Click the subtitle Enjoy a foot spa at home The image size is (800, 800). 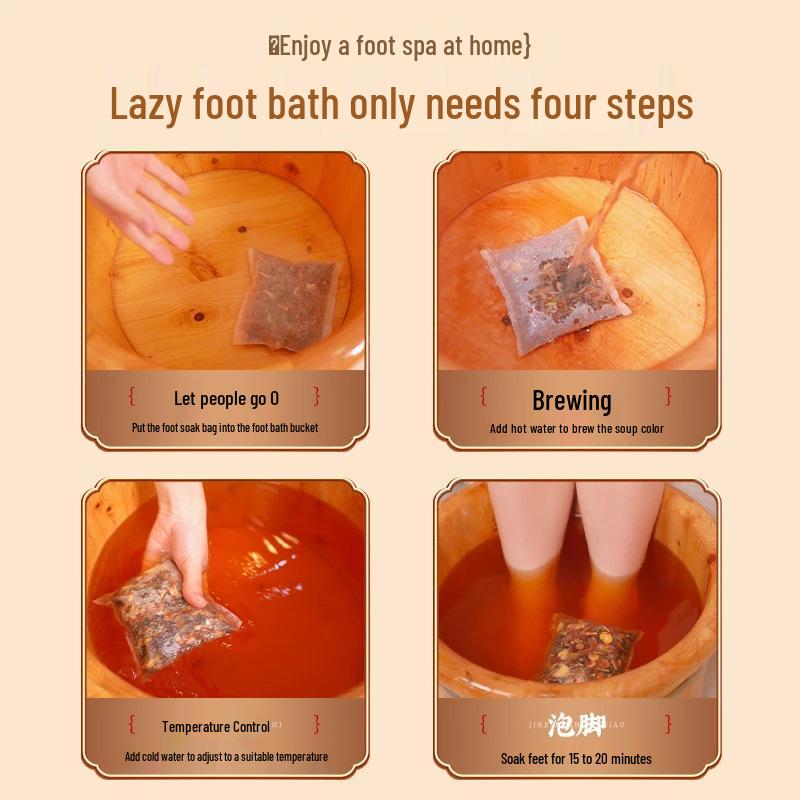(x=400, y=46)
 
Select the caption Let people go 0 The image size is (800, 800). (x=226, y=399)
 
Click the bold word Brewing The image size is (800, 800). (x=572, y=401)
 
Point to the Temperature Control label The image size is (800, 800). (x=216, y=727)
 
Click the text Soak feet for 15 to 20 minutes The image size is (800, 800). (x=576, y=759)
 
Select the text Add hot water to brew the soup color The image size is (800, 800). (x=576, y=429)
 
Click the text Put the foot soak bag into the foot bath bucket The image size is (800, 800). (x=225, y=428)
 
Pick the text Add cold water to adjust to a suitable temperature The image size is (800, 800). (x=226, y=757)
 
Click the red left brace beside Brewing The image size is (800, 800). (x=483, y=398)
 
